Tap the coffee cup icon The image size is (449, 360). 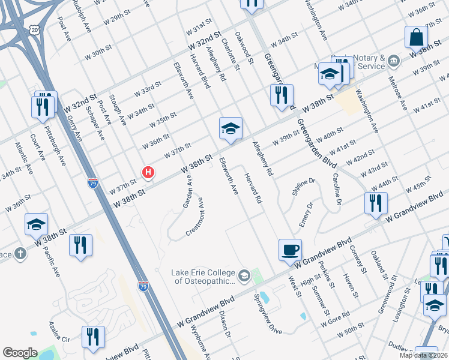click(290, 249)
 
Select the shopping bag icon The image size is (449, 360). click(416, 37)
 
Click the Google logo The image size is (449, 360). click(20, 353)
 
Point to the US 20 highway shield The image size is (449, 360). click(36, 29)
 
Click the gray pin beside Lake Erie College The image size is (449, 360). click(244, 276)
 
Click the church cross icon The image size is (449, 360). click(19, 254)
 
